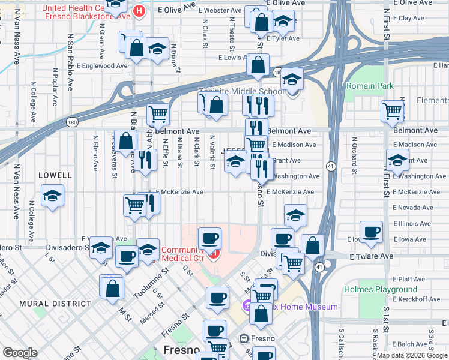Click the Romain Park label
(370, 86)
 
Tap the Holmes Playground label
(372, 289)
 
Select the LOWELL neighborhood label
(55, 175)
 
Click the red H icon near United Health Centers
(139, 10)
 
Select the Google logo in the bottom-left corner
(20, 353)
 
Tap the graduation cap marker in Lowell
(53, 196)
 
